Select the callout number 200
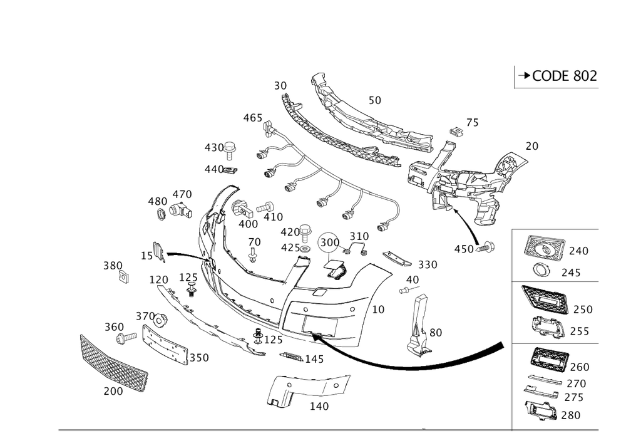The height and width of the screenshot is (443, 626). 113,392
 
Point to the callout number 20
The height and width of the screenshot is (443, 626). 532,146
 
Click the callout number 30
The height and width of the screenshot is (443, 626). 280,85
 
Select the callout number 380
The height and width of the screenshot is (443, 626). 112,266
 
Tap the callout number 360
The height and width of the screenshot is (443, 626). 113,328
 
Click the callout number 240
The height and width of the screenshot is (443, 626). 579,251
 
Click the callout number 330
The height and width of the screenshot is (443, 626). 428,264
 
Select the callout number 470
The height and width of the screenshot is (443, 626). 182,194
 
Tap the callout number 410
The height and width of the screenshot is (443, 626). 273,217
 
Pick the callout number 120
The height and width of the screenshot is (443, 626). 159,279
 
